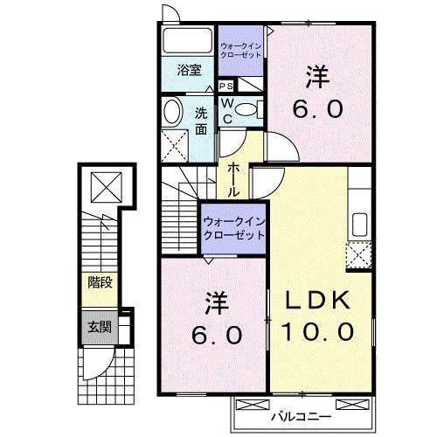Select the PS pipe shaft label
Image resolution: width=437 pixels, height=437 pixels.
(x=225, y=86)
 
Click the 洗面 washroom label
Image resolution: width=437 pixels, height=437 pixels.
(x=201, y=120)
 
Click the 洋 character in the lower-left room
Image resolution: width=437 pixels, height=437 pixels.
(x=217, y=304)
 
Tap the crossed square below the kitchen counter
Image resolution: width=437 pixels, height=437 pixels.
(x=358, y=255)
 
